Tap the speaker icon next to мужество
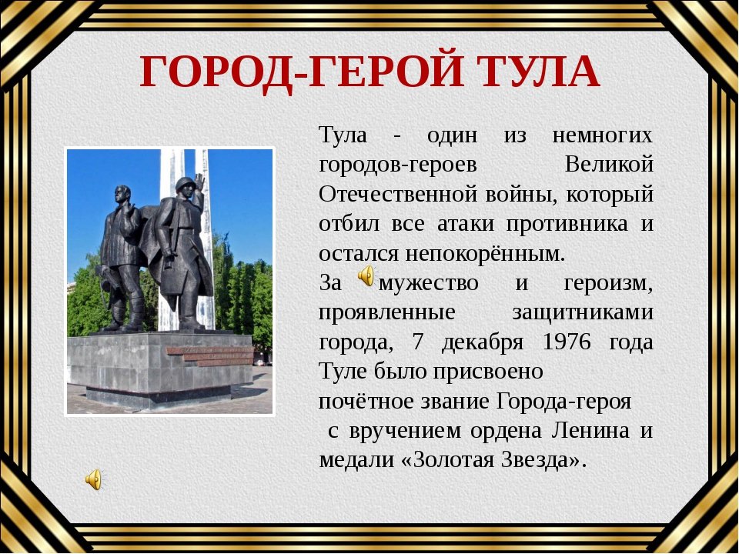366,276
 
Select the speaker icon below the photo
94,479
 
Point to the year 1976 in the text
567,342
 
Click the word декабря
482,342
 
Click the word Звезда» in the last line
543,460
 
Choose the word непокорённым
485,255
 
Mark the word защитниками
583,313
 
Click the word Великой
609,165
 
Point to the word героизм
608,284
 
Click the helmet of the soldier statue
185,183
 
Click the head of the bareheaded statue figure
122,194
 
